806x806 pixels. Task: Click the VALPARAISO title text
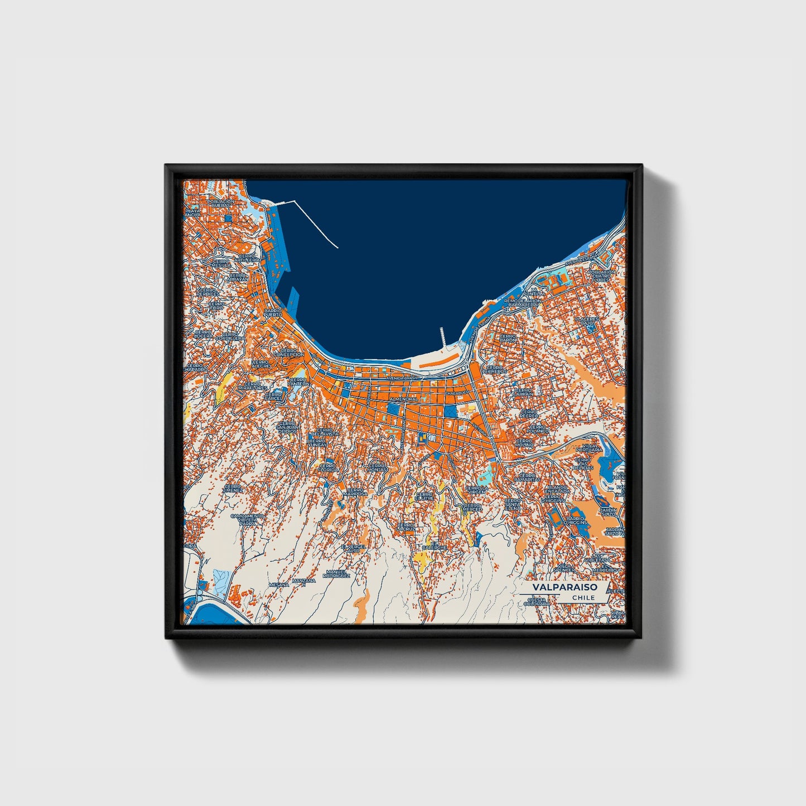(x=564, y=587)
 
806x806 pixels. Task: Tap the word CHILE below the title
(x=583, y=598)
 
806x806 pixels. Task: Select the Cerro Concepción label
(x=289, y=353)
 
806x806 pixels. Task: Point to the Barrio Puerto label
(x=273, y=312)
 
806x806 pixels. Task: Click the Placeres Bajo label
(x=587, y=321)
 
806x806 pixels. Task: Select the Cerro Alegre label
(x=260, y=364)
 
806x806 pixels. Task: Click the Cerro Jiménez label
(x=233, y=489)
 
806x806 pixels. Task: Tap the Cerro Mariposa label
(x=355, y=492)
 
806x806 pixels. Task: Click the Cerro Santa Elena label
(x=513, y=505)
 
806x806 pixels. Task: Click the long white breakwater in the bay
(x=316, y=224)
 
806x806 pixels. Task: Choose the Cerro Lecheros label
(x=495, y=369)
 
